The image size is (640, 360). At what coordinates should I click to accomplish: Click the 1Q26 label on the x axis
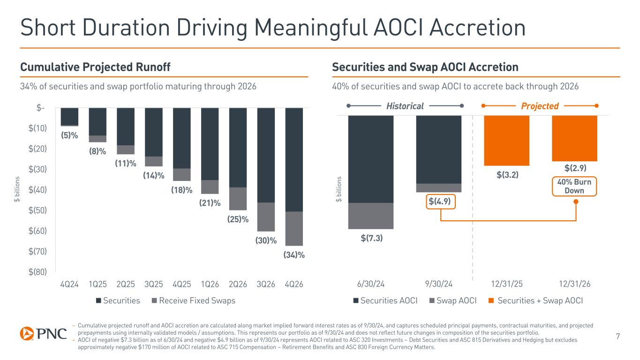coord(210,284)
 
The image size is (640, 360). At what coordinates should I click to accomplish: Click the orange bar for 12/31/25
coord(506,141)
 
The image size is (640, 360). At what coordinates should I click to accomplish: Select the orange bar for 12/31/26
coord(575,138)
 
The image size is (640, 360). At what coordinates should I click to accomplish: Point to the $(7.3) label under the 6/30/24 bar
coord(372,238)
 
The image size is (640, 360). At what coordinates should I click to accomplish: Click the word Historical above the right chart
coord(405,106)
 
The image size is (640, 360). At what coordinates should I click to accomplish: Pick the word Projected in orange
coord(540,106)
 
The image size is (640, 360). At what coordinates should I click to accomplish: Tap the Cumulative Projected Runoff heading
coord(95,67)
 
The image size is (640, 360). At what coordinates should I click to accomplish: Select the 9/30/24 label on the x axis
coord(439,284)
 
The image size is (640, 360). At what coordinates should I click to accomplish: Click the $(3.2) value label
coord(507,175)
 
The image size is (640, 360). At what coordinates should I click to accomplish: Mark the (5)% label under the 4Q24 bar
coord(69,136)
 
